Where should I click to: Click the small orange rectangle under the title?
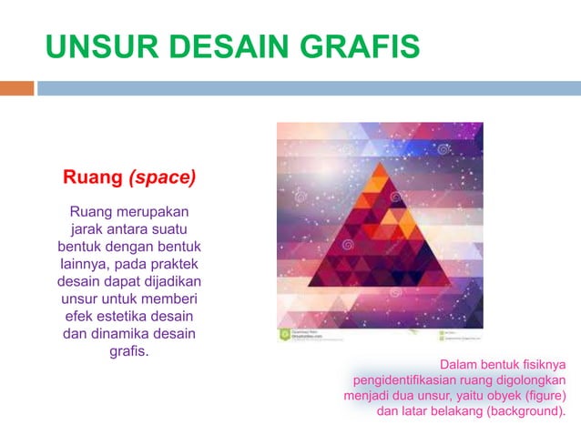pyautogui.click(x=16, y=88)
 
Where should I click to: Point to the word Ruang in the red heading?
pyautogui.click(x=91, y=177)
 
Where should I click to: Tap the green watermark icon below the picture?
pyautogui.click(x=284, y=334)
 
